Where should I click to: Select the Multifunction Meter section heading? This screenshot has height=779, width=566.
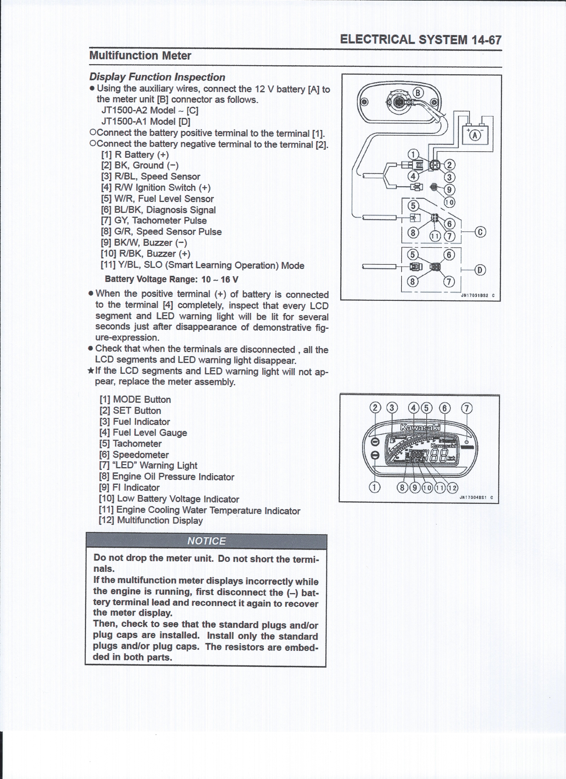140,56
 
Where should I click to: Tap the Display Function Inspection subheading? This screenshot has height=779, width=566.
157,77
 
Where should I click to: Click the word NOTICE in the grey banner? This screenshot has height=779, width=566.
206,541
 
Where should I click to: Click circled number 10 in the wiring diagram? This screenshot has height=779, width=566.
449,203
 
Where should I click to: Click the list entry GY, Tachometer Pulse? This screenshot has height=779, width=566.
154,220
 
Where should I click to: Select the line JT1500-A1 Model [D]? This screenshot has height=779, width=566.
145,122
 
